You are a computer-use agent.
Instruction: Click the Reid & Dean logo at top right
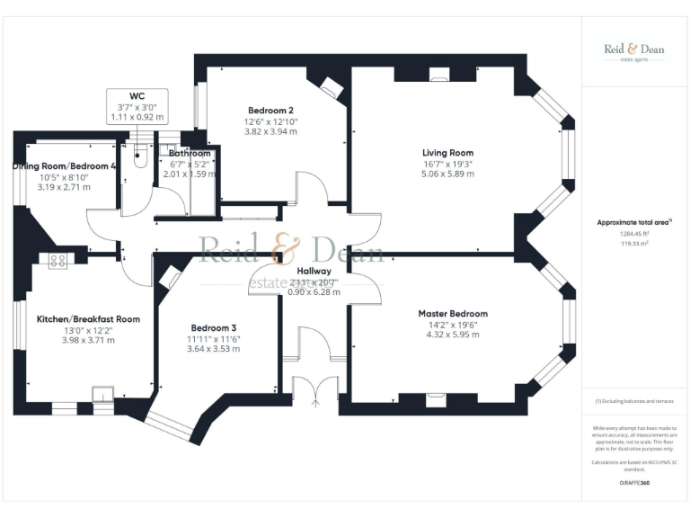click(633, 51)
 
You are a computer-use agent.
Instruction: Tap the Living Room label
click(447, 153)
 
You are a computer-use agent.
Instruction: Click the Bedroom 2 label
click(270, 111)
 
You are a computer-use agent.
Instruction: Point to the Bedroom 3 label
click(214, 327)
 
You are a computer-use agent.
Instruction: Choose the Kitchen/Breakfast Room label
click(88, 319)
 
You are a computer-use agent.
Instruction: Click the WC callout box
click(137, 105)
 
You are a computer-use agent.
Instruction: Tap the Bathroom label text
click(190, 154)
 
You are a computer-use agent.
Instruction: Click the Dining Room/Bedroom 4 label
click(64, 166)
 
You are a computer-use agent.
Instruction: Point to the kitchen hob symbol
click(58, 261)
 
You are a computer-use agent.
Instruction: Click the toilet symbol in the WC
click(138, 160)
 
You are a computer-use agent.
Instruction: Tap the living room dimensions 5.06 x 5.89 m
click(447, 174)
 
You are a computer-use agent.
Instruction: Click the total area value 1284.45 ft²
click(633, 234)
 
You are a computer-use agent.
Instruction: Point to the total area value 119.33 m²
click(633, 244)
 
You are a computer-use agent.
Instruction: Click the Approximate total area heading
click(633, 221)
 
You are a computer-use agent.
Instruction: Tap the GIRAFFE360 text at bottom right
click(633, 484)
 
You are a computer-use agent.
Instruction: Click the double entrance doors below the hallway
click(315, 390)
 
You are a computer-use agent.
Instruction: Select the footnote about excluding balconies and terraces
click(633, 402)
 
